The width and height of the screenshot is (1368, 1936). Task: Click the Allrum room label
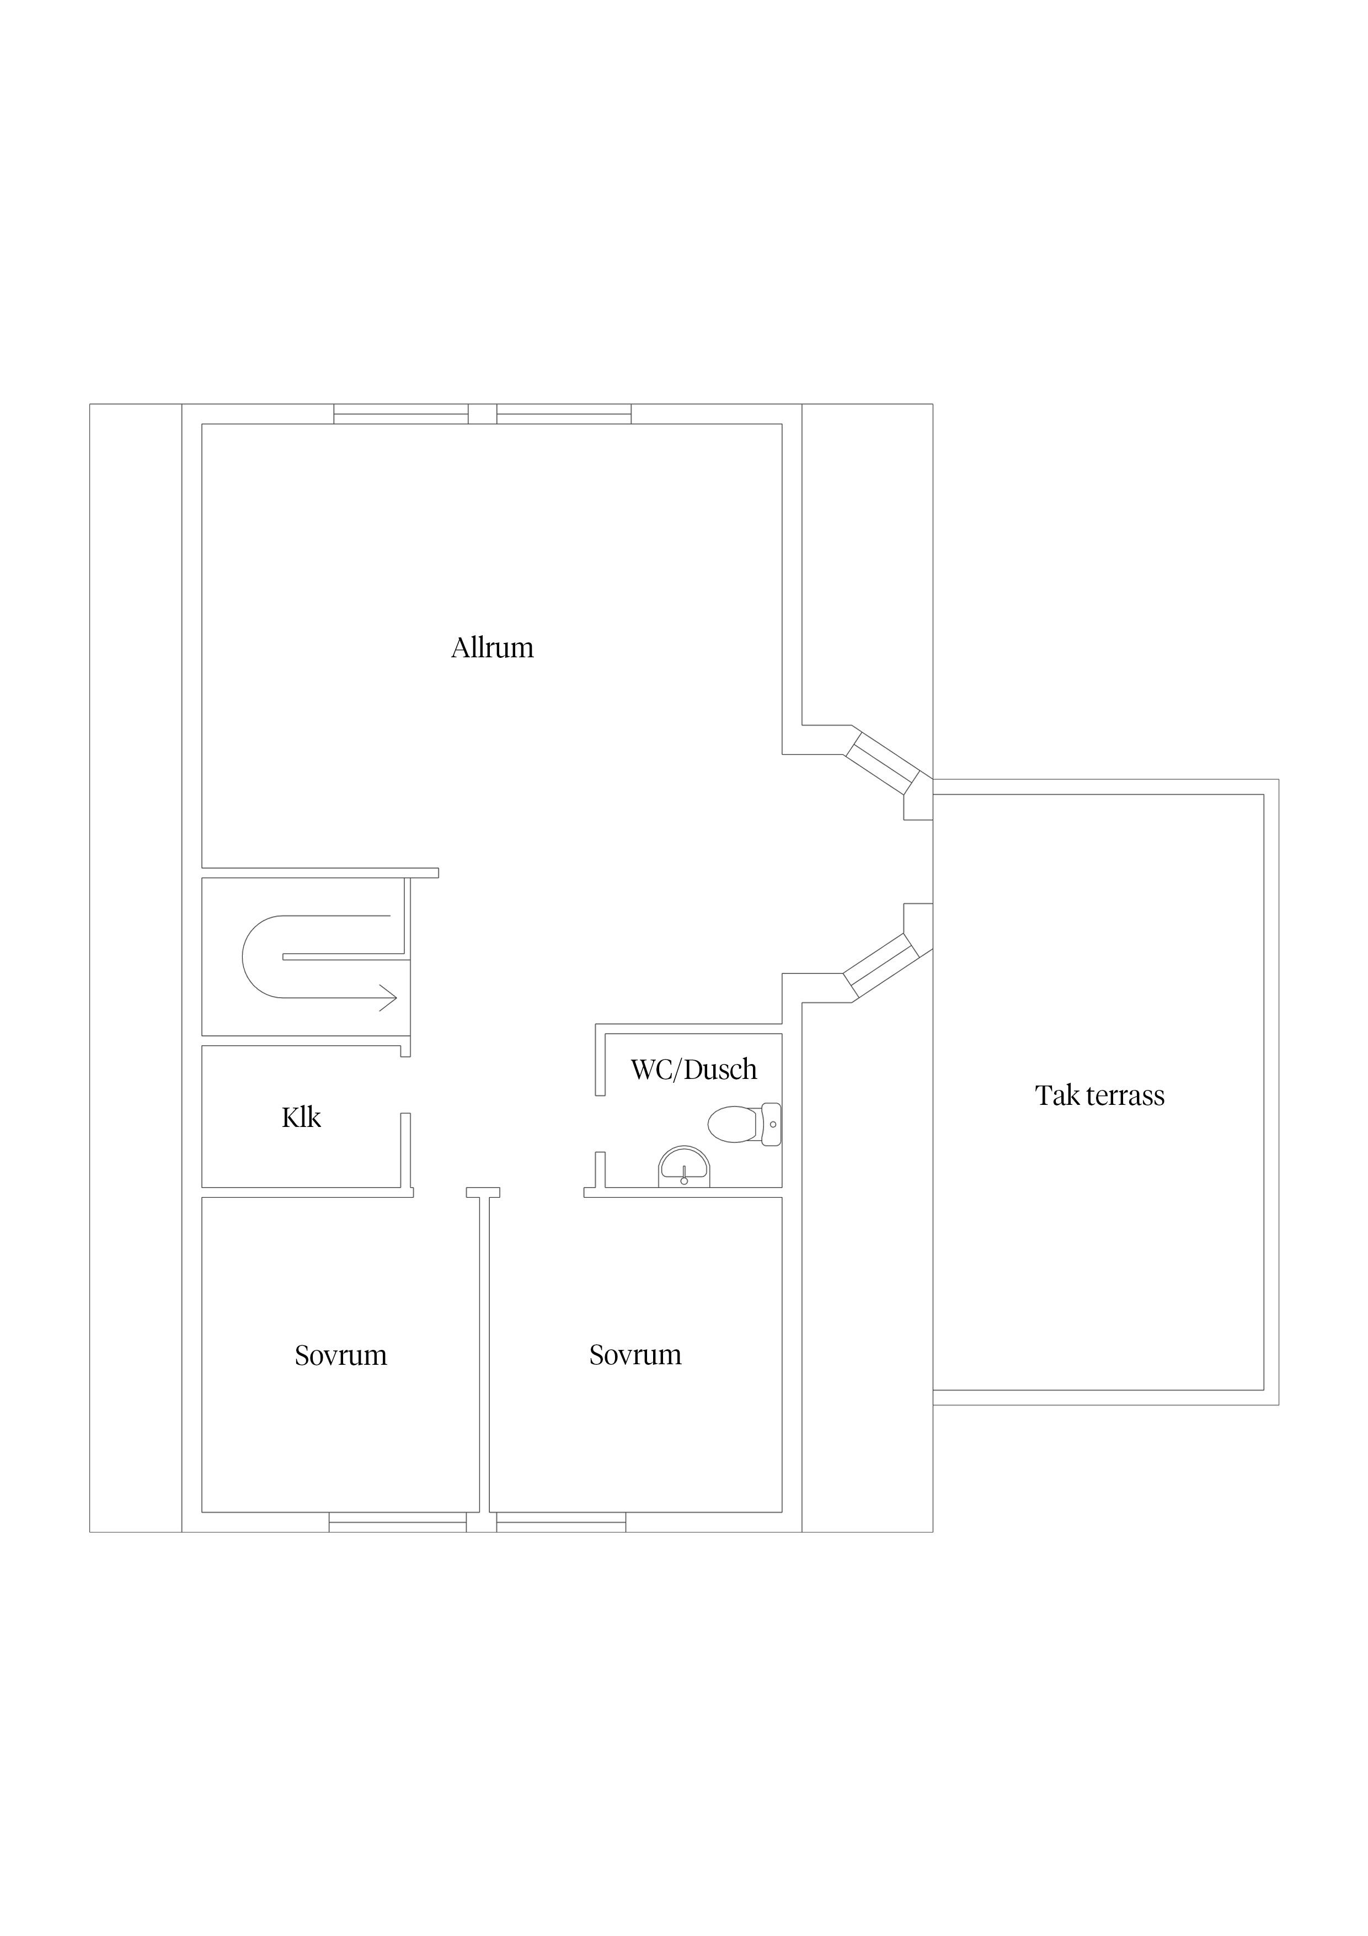tap(492, 647)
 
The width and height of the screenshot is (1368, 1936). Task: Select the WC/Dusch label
tap(694, 1069)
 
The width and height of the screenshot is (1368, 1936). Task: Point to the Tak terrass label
tap(1100, 1095)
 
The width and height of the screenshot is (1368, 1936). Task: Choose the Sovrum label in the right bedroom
tap(635, 1354)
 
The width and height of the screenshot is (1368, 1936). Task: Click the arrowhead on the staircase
tap(388, 997)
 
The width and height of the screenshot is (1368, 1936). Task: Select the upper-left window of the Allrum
tap(401, 414)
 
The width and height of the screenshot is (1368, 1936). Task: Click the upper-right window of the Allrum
tap(564, 414)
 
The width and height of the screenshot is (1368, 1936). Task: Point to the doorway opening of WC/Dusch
tap(600, 1124)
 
